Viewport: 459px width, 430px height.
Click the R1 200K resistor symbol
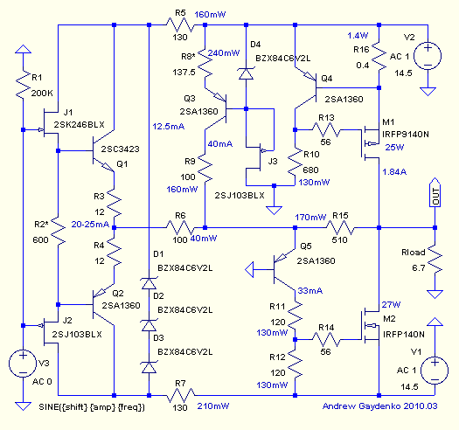pos(23,85)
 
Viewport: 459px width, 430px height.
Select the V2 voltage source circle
pos(428,56)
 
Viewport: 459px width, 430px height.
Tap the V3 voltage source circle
pos(23,364)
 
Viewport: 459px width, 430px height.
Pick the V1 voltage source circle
pos(435,371)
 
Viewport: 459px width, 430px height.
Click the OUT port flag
pos(435,192)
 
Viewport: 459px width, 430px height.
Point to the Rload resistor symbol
pos(435,260)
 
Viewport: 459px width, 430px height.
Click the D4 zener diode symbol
pos(247,73)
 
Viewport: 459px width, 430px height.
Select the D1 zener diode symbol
pos(149,283)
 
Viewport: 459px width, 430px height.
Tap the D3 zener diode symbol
pos(149,367)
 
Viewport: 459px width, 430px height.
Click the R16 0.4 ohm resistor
pos(379,57)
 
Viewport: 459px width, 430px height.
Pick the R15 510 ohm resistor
pos(340,228)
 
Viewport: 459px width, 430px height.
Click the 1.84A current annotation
pos(394,172)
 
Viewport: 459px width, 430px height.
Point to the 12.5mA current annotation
pos(169,127)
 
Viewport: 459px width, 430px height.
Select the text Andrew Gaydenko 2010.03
pos(379,406)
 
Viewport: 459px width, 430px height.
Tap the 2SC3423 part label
pos(120,149)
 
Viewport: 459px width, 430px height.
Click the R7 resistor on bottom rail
pos(180,395)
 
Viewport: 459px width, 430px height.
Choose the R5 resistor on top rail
pos(180,25)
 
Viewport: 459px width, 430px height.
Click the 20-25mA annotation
pos(90,225)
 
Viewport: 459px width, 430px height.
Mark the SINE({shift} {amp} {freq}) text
pos(92,407)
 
